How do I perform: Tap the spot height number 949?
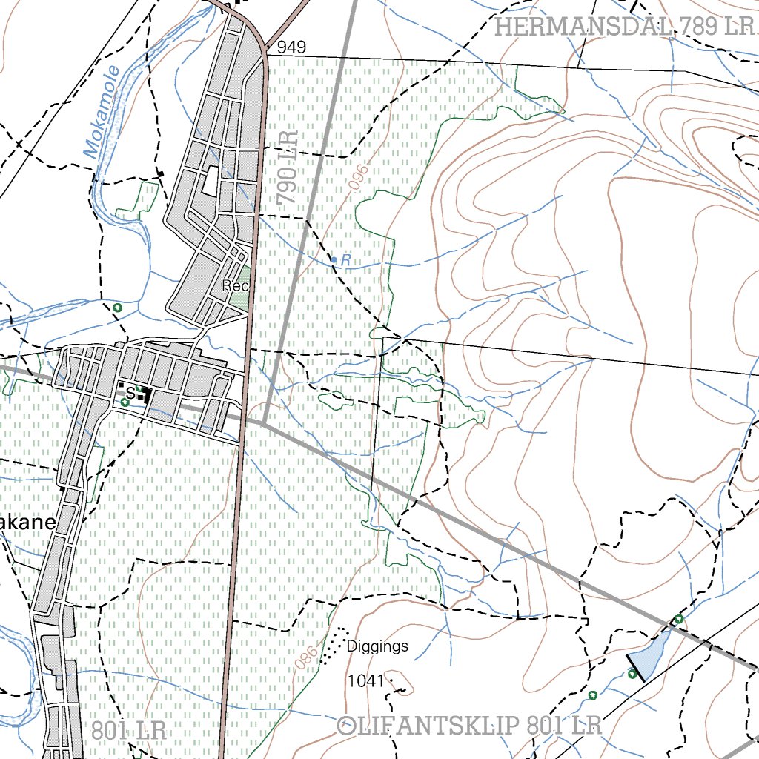291,47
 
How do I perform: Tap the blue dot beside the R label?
334,259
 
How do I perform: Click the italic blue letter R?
345,259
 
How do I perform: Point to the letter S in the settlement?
130,392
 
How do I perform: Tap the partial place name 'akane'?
28,523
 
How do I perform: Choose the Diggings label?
377,646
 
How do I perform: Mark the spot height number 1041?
365,680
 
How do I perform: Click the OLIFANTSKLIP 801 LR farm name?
469,725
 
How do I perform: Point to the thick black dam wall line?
637,668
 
